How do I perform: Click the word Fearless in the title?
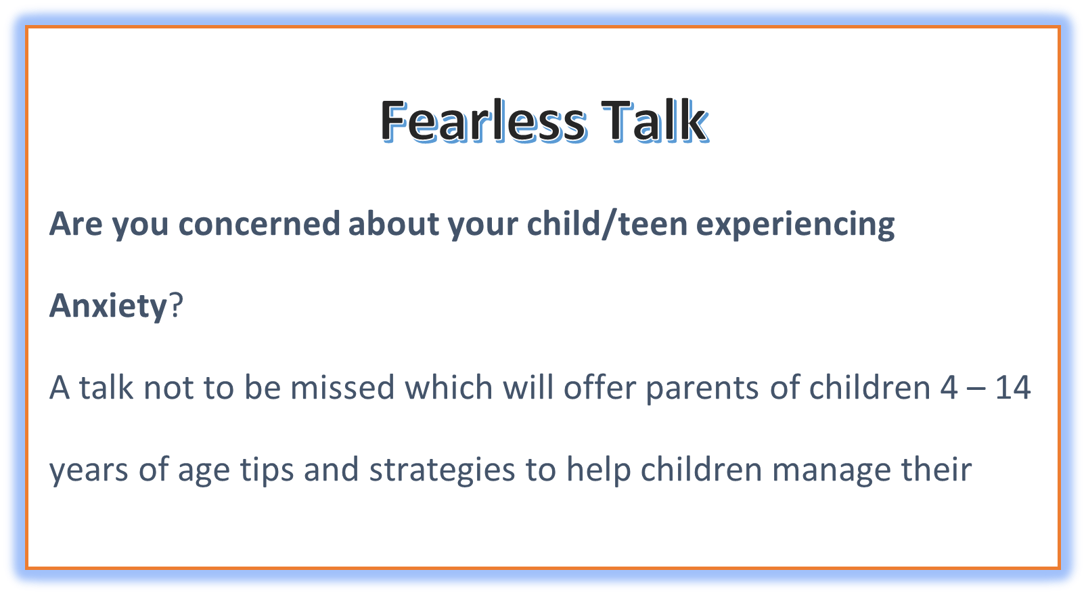(483, 120)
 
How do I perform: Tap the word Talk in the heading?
(654, 120)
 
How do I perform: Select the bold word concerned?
(259, 223)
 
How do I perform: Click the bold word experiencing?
(795, 225)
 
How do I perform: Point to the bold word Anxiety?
(108, 307)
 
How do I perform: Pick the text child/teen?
(607, 223)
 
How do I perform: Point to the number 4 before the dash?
(949, 387)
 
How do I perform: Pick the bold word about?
(392, 223)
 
